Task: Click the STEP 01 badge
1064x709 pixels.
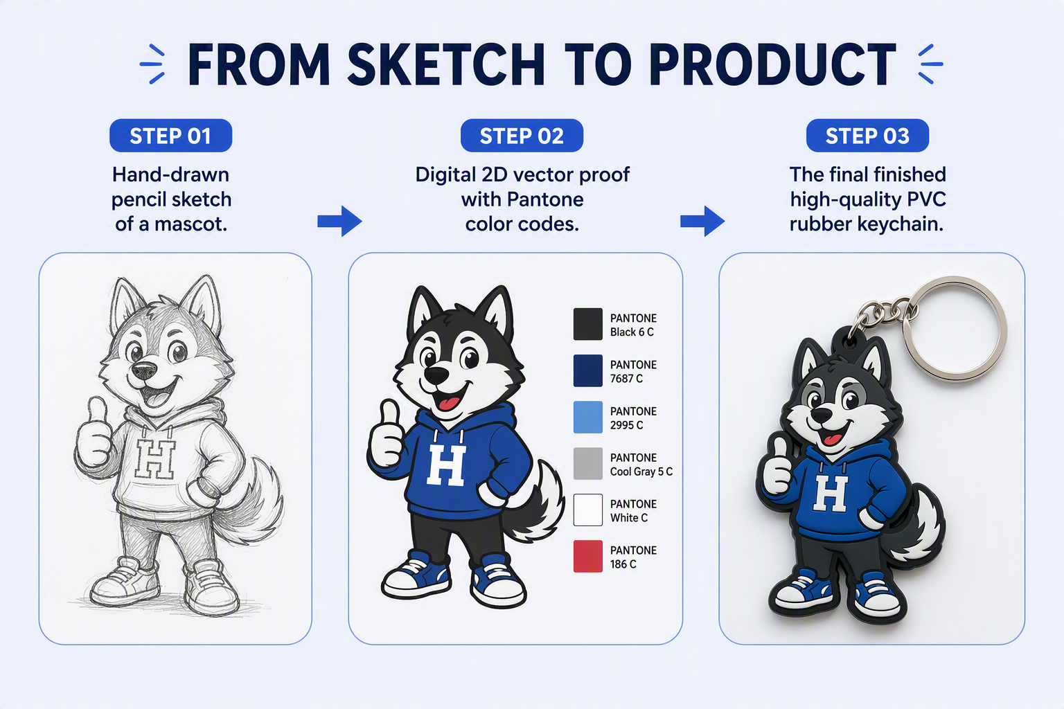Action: coord(170,136)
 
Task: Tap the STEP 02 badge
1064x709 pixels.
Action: coord(522,136)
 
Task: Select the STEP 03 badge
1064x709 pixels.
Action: coord(867,136)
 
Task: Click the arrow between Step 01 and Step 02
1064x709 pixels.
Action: coord(339,221)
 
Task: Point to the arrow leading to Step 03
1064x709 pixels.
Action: coord(702,221)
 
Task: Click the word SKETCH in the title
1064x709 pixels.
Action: coord(446,64)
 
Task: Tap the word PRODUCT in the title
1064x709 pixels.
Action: coord(773,64)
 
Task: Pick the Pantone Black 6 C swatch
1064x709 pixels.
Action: coord(588,324)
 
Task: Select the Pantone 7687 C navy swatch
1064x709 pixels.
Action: coord(588,371)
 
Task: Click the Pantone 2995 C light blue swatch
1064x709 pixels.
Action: coord(588,418)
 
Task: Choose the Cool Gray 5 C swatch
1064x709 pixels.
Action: coord(588,463)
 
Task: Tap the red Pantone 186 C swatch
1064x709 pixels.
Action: coord(588,556)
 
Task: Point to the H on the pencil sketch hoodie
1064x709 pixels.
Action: coord(155,459)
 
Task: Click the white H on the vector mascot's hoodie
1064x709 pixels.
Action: coord(446,465)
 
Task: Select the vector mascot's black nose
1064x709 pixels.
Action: coord(436,375)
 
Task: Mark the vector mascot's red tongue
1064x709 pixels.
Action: coord(447,404)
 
